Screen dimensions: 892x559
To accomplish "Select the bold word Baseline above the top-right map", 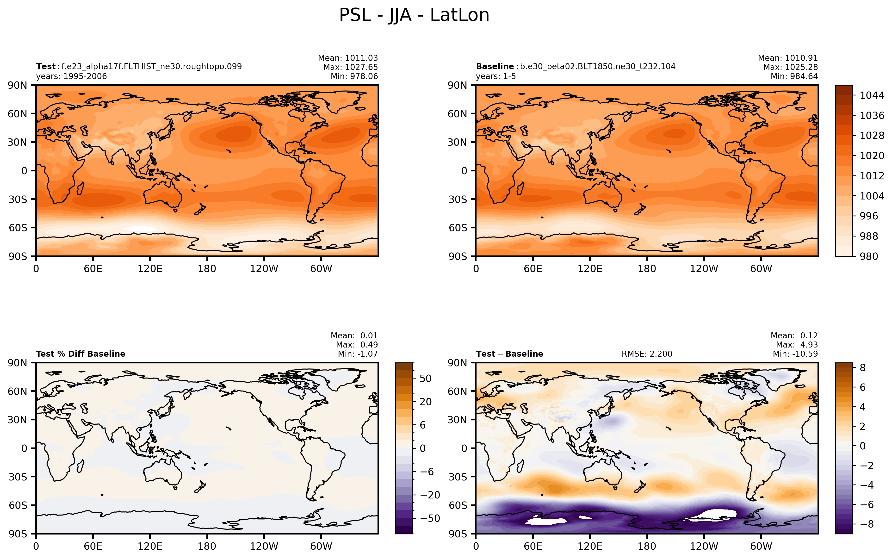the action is coord(495,67).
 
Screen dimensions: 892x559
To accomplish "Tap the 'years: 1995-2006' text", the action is coord(71,76).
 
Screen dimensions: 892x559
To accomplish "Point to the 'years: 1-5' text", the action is coord(496,76).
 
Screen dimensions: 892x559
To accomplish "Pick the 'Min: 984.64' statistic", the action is coord(794,76).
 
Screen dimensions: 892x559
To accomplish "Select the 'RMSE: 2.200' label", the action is coord(647,354).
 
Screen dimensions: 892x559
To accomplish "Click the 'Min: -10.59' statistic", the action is coord(795,354).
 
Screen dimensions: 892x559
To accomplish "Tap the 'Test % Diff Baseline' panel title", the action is coord(81,354).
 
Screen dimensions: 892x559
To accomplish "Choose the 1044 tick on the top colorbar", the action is coord(872,95).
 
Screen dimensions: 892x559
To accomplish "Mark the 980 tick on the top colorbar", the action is coord(869,256).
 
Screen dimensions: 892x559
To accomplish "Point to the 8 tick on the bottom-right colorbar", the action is coord(862,367).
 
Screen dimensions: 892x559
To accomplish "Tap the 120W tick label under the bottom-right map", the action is coord(704,547).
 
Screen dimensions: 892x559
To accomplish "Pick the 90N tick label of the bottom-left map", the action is coord(18,363).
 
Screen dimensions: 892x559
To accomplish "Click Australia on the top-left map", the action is coord(163,194).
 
